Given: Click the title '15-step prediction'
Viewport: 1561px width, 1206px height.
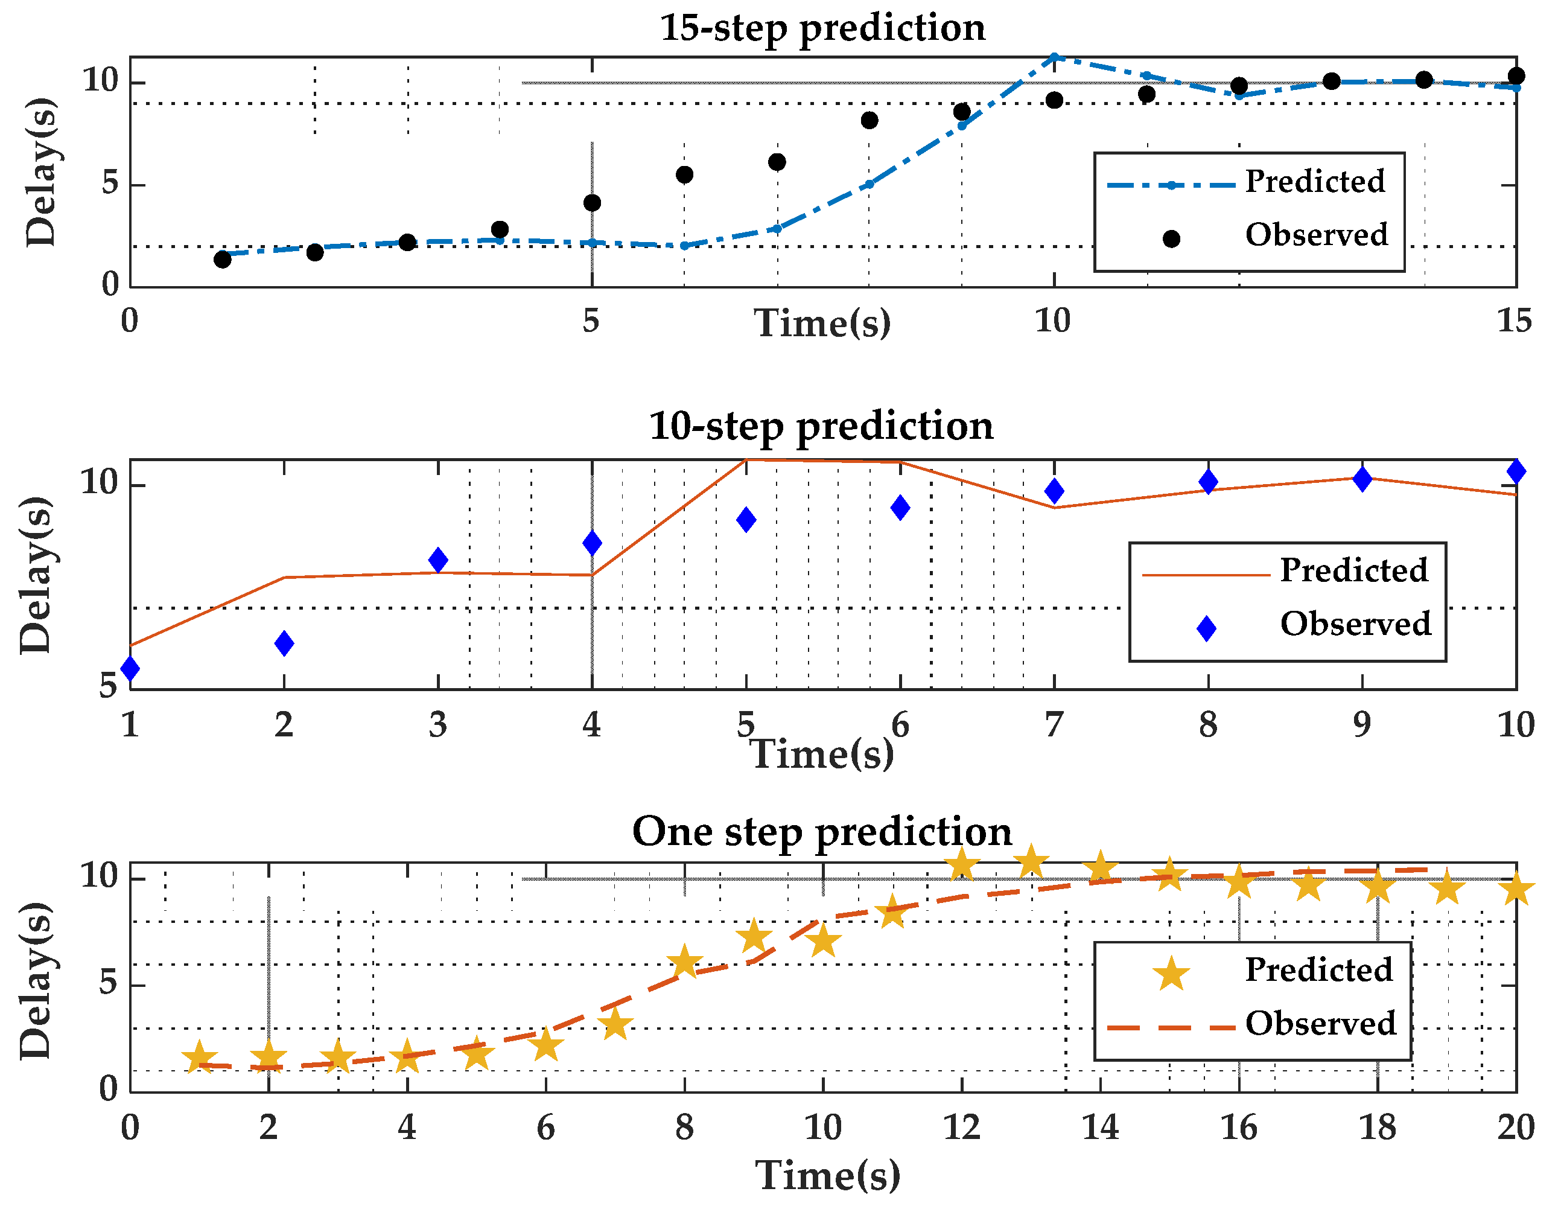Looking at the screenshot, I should tap(822, 28).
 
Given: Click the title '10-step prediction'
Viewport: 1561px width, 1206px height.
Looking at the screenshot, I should tap(821, 427).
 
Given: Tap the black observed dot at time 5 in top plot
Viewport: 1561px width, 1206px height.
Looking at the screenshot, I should tap(592, 203).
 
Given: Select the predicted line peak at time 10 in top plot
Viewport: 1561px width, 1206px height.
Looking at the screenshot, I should tap(1054, 57).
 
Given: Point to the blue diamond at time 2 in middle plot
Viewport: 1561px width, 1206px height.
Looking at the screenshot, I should tap(284, 643).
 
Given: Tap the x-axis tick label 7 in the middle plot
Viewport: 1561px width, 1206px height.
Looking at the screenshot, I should tap(1054, 725).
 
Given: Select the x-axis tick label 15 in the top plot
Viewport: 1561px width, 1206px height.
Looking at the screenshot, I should tap(1514, 321).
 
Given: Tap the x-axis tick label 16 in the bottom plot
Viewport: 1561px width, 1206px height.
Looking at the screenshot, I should tap(1238, 1128).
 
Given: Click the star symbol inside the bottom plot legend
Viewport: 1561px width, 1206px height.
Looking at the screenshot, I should tap(1171, 974).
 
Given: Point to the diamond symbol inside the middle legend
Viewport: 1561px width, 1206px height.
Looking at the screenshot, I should tap(1206, 628).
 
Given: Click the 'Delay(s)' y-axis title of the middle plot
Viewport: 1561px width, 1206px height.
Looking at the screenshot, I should tap(36, 575).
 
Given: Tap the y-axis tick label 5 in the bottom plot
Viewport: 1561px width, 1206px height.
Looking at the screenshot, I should tap(109, 984).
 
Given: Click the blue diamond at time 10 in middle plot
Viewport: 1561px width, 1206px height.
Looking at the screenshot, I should tap(1516, 471).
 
